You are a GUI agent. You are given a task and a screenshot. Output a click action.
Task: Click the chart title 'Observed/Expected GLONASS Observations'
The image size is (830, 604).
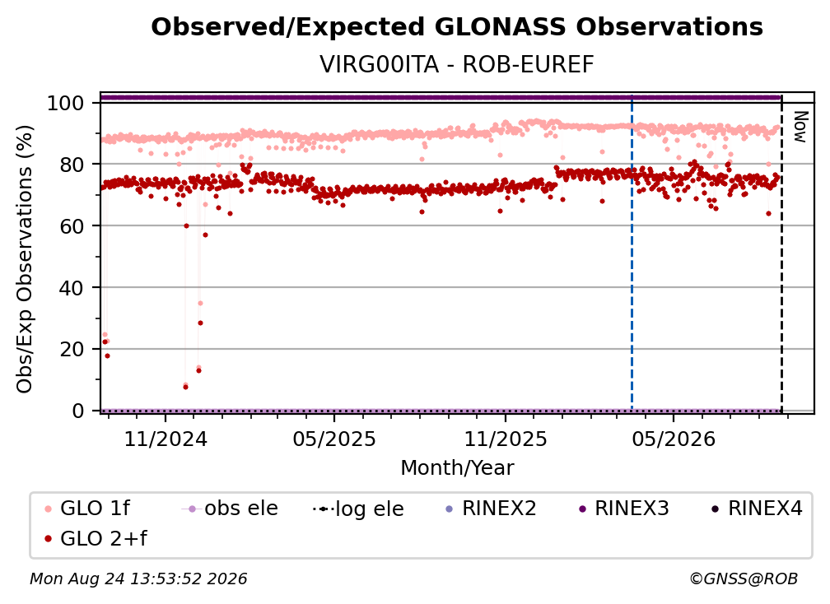[457, 27]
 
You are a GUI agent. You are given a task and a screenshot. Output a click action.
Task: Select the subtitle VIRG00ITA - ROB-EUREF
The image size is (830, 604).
[457, 64]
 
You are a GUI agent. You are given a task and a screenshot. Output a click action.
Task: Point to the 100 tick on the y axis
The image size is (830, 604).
[66, 103]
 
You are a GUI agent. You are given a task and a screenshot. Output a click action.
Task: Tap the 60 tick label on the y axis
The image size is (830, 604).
[72, 226]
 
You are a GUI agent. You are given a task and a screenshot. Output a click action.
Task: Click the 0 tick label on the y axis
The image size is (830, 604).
[78, 411]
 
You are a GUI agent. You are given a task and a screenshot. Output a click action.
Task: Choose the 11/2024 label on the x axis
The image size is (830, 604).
[166, 439]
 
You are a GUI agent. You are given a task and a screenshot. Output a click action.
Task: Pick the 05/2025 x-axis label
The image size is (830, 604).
[334, 439]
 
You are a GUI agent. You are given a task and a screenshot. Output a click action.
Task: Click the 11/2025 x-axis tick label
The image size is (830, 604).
[506, 439]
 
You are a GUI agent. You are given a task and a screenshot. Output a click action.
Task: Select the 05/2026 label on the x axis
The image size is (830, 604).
[674, 439]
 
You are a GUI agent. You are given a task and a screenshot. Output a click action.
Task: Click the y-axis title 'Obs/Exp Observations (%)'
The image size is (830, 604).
[25, 258]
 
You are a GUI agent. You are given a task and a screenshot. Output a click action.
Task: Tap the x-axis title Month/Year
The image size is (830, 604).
[457, 468]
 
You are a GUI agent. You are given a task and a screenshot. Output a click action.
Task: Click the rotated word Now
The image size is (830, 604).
[800, 127]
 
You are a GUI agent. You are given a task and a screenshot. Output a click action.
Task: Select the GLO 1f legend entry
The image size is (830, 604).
[86, 509]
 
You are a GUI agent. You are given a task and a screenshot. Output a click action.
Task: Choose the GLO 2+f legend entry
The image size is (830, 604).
[96, 538]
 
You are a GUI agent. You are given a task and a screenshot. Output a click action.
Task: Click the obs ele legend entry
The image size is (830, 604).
[230, 509]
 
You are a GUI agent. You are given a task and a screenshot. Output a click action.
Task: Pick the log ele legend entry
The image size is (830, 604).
[358, 509]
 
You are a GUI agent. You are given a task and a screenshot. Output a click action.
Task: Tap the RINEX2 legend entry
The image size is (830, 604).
[491, 509]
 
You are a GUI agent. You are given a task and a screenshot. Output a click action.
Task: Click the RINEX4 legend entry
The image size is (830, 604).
[757, 509]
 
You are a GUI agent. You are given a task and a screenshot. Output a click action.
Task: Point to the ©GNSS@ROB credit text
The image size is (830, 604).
[744, 579]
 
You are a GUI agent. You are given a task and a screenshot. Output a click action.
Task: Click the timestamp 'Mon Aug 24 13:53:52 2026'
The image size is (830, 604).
[138, 579]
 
